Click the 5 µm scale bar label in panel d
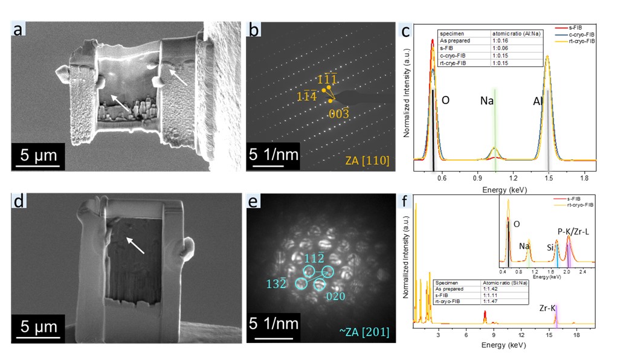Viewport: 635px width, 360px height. pos(37,327)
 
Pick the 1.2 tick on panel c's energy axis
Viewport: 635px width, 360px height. pos(513,179)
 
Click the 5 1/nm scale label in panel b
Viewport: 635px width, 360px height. pos(274,154)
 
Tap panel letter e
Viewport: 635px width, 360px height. pos(256,201)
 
